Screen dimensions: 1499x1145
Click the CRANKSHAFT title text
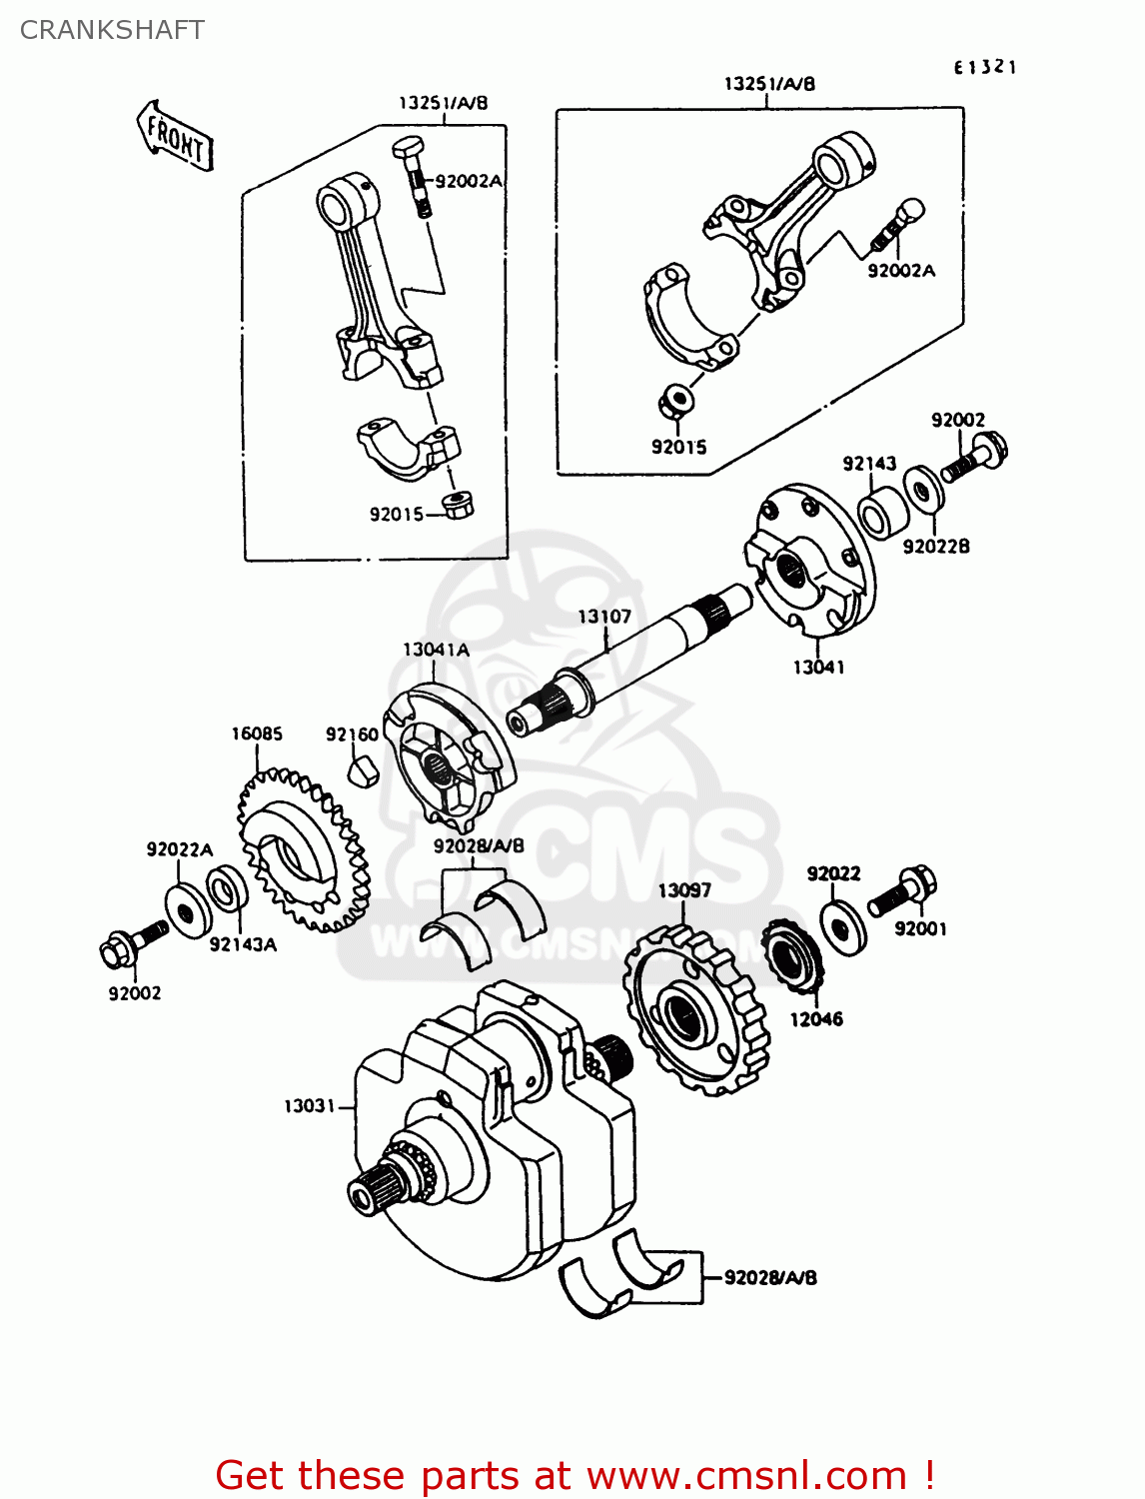[112, 30]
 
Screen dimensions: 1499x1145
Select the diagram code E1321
[984, 67]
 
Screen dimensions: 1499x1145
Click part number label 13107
[604, 617]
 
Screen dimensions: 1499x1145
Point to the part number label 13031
[309, 1106]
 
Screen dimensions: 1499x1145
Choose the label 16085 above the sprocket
[257, 734]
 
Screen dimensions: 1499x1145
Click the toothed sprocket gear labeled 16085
[300, 849]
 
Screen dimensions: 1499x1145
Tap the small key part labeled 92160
[363, 771]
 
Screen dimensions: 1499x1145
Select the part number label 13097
[684, 889]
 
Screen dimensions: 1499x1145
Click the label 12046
[816, 1019]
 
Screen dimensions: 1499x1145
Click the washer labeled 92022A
[188, 910]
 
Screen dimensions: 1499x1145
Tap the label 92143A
[243, 944]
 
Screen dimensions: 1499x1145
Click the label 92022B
[936, 547]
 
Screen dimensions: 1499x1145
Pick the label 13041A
[436, 650]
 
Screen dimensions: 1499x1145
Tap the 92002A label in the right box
[901, 271]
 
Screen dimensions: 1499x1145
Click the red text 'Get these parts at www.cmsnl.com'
[574, 1475]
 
